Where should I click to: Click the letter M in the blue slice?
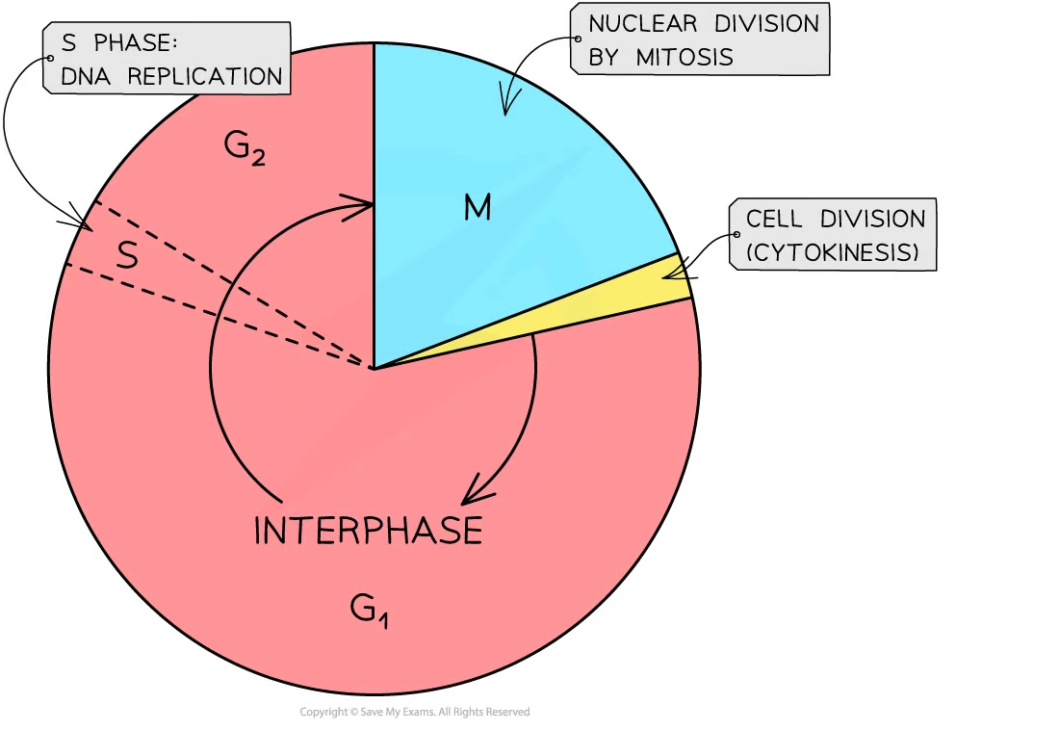(x=478, y=207)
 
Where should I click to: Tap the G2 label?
(x=245, y=148)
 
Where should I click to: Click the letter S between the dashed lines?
(x=127, y=256)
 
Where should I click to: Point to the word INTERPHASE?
(x=368, y=532)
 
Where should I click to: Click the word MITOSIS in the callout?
(x=685, y=58)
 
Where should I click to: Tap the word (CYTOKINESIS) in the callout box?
(x=833, y=253)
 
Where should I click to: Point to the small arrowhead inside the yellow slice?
(x=677, y=273)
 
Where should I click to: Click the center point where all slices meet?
(x=374, y=368)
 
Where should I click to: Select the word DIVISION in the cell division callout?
(x=871, y=219)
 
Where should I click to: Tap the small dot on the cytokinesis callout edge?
(x=736, y=235)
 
